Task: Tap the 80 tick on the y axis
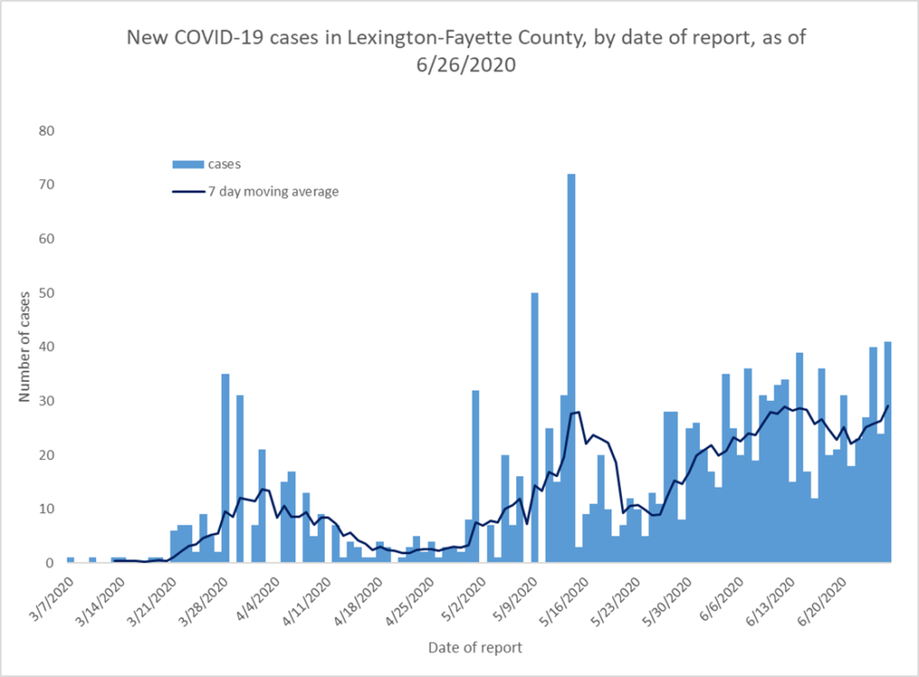(47, 131)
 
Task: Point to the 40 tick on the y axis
(47, 347)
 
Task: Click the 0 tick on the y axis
(50, 563)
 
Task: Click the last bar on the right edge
(888, 452)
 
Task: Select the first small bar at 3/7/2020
(70, 560)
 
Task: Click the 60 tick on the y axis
(47, 239)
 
